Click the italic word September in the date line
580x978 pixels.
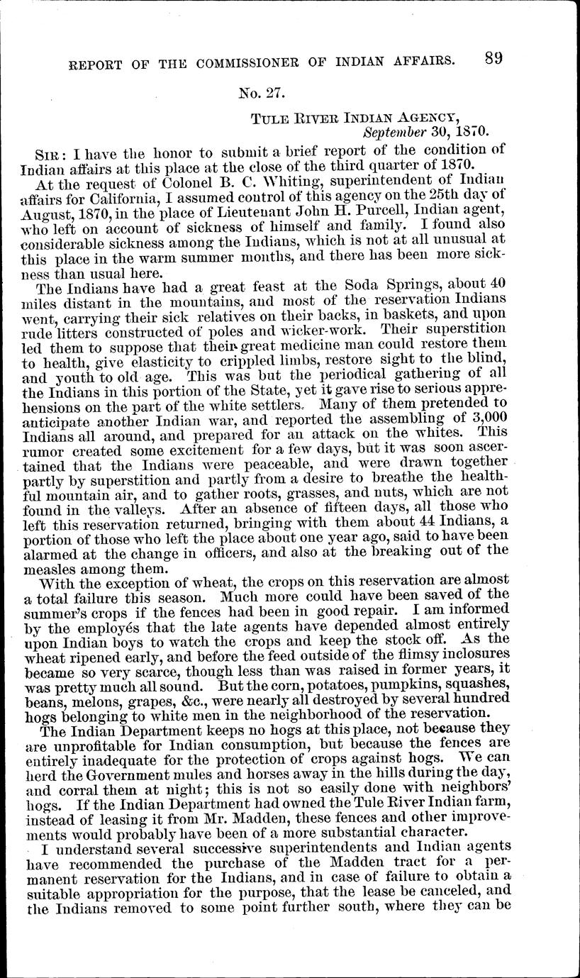coord(395,131)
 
